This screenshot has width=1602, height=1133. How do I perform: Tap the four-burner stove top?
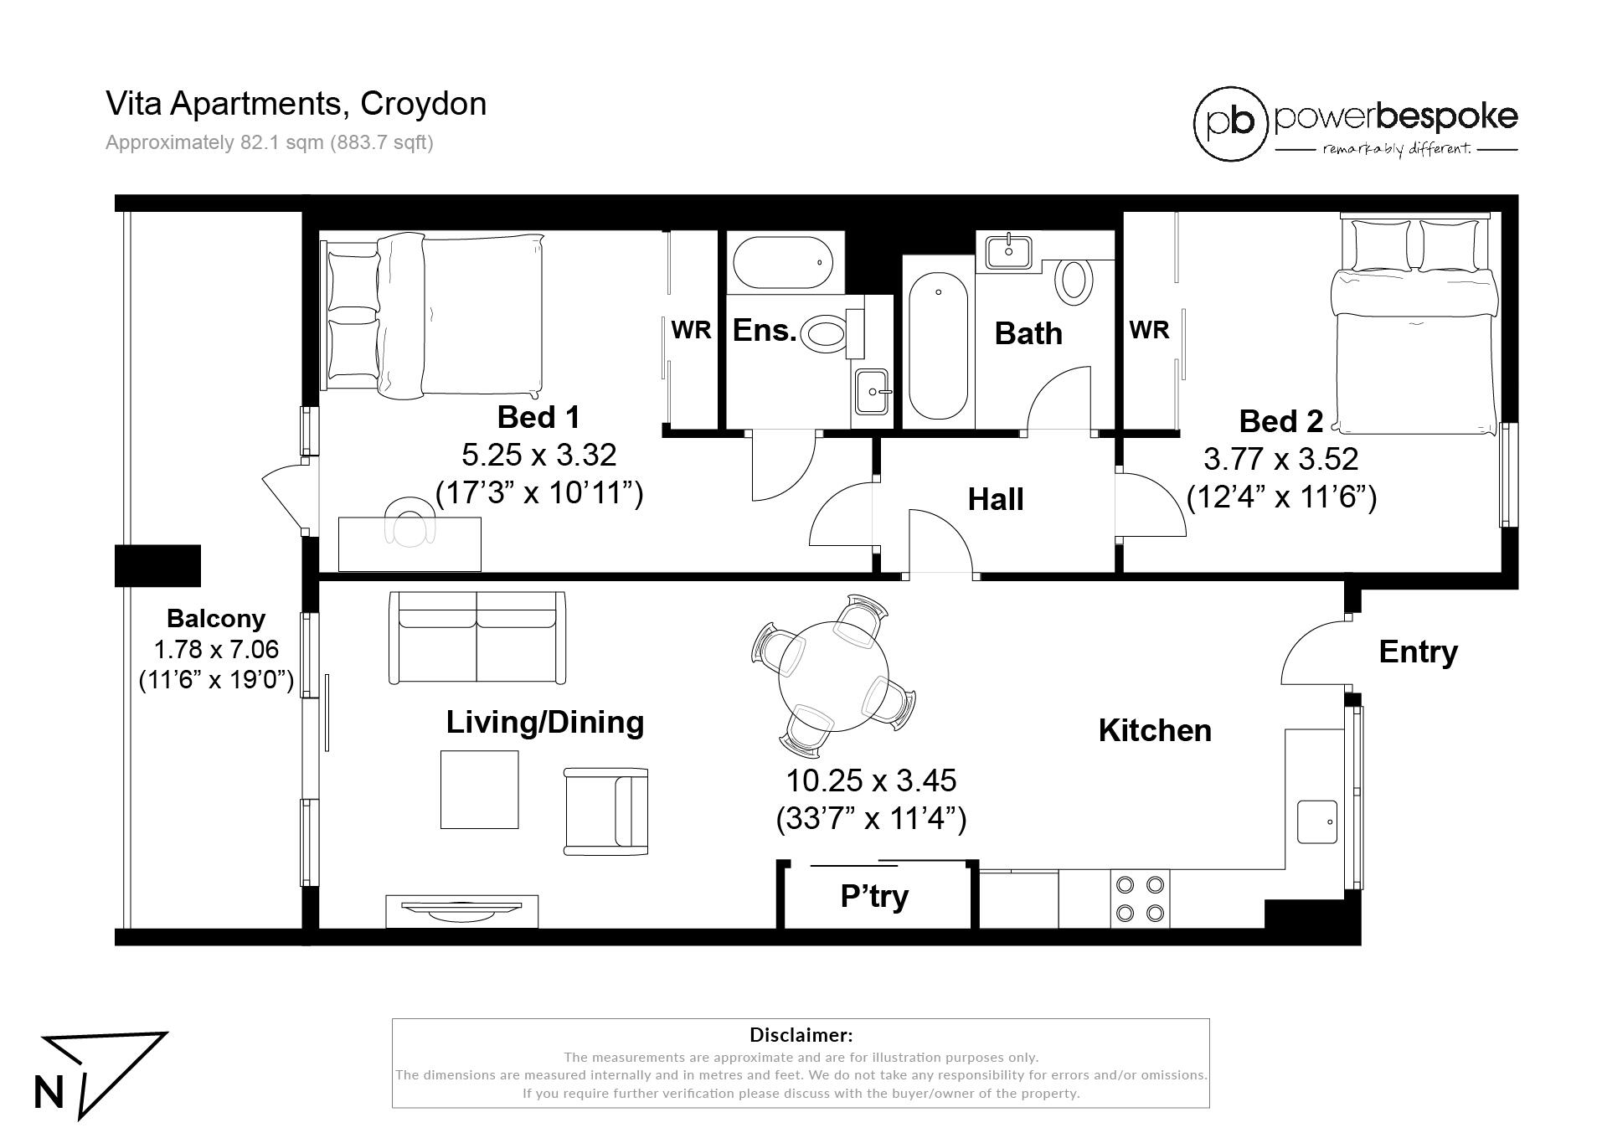[x=1140, y=899]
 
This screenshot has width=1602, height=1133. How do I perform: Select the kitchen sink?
[x=1317, y=821]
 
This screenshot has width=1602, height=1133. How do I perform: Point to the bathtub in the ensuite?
[x=783, y=262]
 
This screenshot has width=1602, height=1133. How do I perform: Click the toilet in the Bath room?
[x=1074, y=281]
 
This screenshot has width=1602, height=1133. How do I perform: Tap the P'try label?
[x=874, y=896]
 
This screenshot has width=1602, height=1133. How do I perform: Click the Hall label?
[x=996, y=499]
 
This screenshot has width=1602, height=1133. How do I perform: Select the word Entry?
[x=1418, y=651]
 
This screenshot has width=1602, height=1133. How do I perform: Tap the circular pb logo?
[x=1231, y=123]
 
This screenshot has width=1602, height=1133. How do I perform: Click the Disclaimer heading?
[x=801, y=1035]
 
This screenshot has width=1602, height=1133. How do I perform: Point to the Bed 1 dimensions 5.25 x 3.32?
[x=539, y=455]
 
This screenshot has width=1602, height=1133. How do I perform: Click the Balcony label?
[x=216, y=618]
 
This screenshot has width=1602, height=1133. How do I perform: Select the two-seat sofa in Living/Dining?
[x=476, y=637]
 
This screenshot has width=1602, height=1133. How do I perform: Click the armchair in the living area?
[x=605, y=811]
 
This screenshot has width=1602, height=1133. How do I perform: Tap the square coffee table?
[x=480, y=790]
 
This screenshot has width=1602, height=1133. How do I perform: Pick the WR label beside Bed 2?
[x=1149, y=330]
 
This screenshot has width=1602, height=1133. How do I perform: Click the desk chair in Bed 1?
[x=411, y=520]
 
